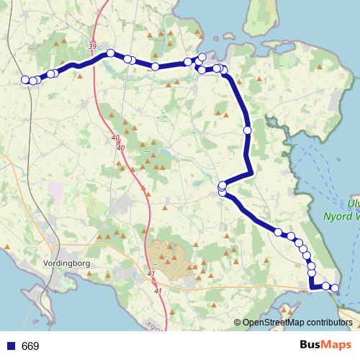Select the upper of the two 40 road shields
pos(116,138)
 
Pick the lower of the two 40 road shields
pos(120,148)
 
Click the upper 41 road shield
pos(150,274)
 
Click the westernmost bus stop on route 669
pos(25,80)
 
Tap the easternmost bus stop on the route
pos(335,288)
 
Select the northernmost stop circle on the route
pos(202,57)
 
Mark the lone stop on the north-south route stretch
pos(247,130)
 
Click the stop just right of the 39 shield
pos(111,53)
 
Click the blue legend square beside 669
pos(11,346)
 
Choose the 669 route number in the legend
pos(30,346)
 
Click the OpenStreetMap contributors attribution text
pos(297,323)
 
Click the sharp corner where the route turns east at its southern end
pos(312,287)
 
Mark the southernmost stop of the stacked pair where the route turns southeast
pos(222,192)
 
